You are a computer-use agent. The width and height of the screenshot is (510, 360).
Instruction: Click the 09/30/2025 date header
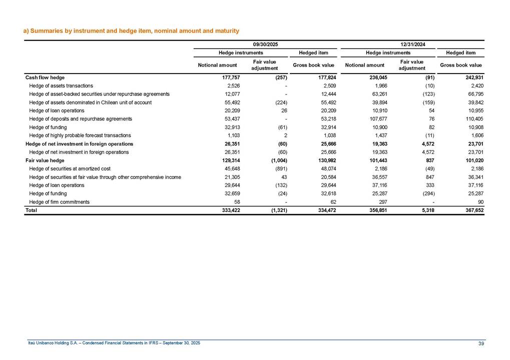pyautogui.click(x=265, y=44)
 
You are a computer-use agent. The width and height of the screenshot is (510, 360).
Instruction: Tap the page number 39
pyautogui.click(x=481, y=342)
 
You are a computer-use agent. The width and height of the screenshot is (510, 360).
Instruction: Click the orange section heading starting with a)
pyautogui.click(x=131, y=31)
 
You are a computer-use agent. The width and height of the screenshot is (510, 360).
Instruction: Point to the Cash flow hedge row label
pyautogui.click(x=45, y=77)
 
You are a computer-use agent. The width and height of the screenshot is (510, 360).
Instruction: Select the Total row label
pyautogui.click(x=31, y=210)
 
